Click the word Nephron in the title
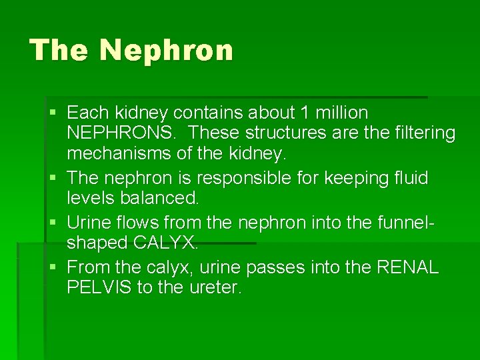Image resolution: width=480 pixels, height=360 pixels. click(167, 51)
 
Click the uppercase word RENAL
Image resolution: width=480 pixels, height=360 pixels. click(408, 267)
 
